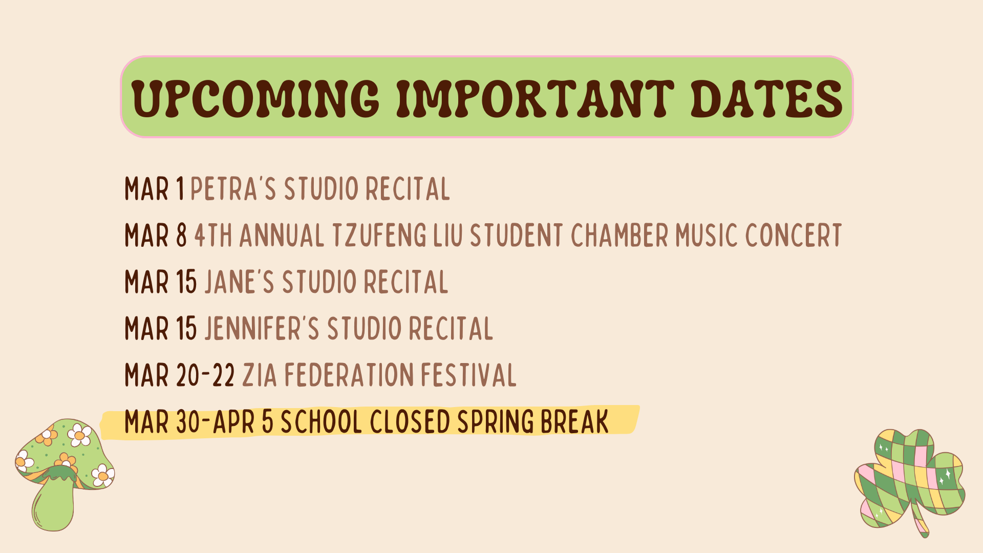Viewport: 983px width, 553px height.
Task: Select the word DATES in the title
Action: pyautogui.click(x=766, y=98)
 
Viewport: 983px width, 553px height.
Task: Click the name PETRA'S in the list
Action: pyautogui.click(x=233, y=189)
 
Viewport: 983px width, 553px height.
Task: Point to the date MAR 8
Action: pyautogui.click(x=156, y=236)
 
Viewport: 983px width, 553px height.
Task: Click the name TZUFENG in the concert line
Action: pyautogui.click(x=379, y=236)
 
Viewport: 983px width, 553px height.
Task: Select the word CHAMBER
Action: pyautogui.click(x=619, y=236)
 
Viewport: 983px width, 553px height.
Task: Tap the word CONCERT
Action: pyautogui.click(x=793, y=236)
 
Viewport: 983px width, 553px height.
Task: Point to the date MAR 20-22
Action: pyautogui.click(x=180, y=375)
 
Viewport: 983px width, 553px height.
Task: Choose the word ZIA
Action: pyautogui.click(x=260, y=375)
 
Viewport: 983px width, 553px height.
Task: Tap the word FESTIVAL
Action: pyautogui.click(x=468, y=375)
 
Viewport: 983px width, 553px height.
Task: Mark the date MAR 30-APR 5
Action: pyautogui.click(x=199, y=422)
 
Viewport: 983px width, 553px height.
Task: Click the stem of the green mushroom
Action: pyautogui.click(x=54, y=504)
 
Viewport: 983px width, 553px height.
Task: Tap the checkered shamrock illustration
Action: pyautogui.click(x=909, y=479)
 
